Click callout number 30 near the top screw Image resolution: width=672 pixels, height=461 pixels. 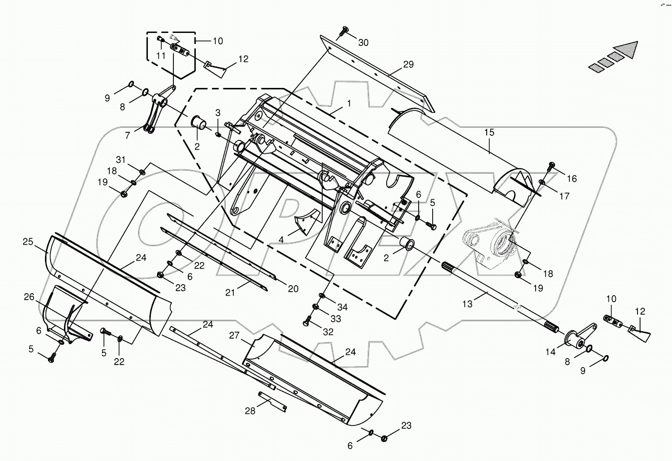click(363, 43)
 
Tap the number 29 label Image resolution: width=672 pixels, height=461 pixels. click(409, 65)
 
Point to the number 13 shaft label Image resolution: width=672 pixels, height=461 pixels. click(467, 304)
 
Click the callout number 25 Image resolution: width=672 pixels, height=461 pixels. click(27, 242)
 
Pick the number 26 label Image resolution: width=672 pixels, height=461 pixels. click(28, 297)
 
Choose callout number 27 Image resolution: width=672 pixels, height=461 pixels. click(234, 335)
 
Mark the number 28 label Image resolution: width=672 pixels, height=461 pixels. click(250, 411)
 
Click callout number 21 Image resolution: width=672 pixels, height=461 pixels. click(230, 293)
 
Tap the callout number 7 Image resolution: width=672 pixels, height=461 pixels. click(127, 135)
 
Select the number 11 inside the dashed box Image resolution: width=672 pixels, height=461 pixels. click(160, 56)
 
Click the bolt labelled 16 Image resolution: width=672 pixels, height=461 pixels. click(552, 164)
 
